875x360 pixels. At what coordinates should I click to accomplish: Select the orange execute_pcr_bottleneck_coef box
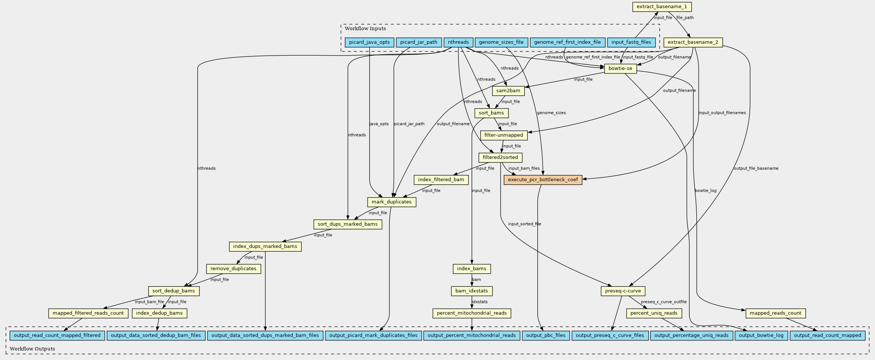543,180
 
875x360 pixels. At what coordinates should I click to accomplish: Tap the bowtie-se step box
620,69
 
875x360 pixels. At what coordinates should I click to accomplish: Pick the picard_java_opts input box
369,42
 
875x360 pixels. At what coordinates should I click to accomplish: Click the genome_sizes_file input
501,42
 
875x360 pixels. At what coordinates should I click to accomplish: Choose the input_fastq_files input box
631,42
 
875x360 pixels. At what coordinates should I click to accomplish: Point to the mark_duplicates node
392,202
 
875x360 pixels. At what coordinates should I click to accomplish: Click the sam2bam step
508,91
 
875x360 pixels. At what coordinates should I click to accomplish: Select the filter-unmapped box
503,135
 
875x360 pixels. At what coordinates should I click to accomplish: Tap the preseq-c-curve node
623,291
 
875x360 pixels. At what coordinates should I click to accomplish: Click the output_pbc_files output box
546,336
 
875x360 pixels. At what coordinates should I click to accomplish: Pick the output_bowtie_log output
761,336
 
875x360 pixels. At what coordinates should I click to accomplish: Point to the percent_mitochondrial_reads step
471,313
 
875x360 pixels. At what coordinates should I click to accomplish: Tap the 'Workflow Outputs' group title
32,349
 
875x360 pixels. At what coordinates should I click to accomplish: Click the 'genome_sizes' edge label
551,113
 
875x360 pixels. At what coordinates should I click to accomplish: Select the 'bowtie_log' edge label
705,191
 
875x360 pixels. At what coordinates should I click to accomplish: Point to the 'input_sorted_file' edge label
524,224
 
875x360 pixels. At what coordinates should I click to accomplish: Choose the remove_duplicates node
233,269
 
